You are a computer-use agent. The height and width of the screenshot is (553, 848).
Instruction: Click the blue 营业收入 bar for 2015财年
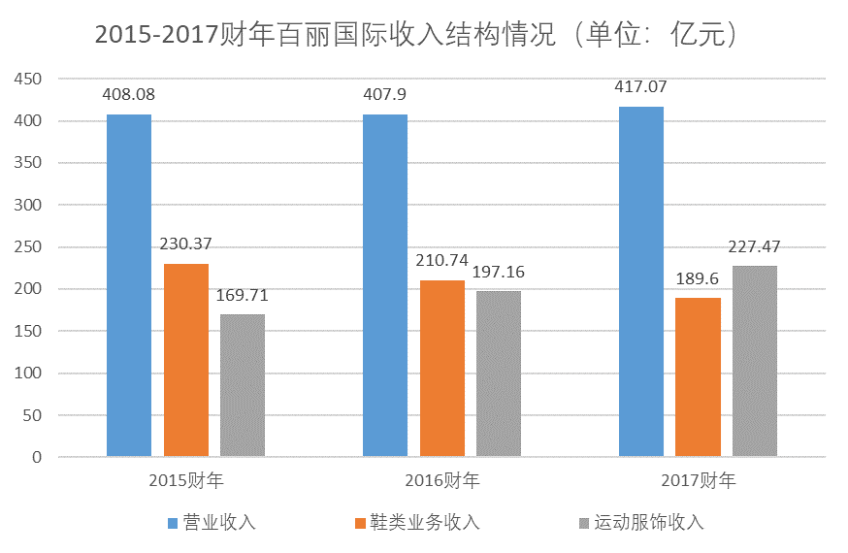[129, 285]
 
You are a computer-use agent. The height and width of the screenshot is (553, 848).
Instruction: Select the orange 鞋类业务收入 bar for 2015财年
[186, 360]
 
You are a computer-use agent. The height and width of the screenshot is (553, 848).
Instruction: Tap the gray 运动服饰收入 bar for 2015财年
[243, 385]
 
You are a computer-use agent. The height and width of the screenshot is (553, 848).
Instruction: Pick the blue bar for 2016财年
[385, 285]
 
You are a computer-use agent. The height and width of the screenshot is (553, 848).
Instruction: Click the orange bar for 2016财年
[442, 368]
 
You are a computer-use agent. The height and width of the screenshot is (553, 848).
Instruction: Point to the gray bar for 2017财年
[755, 361]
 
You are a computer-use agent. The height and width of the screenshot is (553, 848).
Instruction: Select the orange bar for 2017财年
[699, 376]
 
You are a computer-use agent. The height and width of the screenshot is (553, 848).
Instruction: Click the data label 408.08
[129, 95]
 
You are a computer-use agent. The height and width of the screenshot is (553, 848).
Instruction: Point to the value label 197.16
[499, 273]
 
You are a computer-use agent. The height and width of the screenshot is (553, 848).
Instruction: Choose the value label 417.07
[640, 87]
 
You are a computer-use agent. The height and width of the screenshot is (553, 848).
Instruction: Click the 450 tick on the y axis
[29, 80]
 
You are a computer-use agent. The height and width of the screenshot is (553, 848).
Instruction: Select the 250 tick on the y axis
[29, 247]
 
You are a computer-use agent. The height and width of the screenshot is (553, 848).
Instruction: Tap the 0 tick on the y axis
[37, 457]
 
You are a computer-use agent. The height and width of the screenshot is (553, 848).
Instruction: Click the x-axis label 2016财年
[442, 480]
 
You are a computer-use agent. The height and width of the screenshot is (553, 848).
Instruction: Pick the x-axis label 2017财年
[699, 480]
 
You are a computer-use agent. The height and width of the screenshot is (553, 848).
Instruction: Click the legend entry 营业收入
[219, 522]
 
